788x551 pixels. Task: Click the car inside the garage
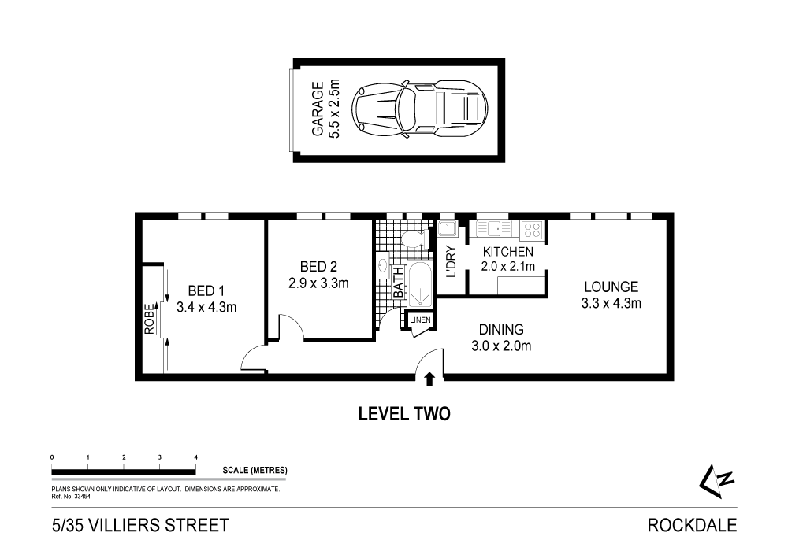[x=420, y=108]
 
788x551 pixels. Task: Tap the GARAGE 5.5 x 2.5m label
[x=325, y=109]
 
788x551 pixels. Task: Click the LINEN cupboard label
[x=420, y=320]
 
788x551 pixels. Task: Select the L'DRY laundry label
[x=452, y=262]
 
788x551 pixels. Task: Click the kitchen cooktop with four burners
[x=532, y=231]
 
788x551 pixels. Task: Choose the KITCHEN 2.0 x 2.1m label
[x=508, y=259]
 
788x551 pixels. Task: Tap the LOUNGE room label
[x=610, y=294]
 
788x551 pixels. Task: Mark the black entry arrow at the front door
[x=429, y=379]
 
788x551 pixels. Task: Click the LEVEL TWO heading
[x=404, y=413]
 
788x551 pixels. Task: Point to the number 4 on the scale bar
[x=195, y=457]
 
